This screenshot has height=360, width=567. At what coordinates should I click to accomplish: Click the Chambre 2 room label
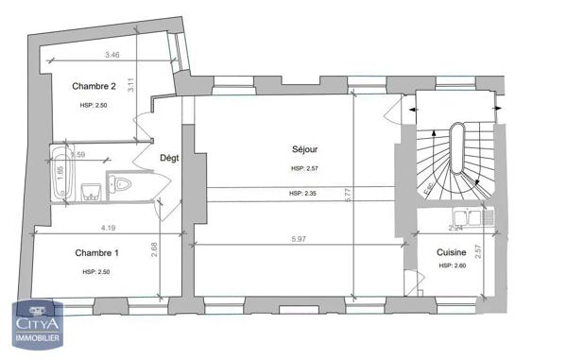(x=94, y=86)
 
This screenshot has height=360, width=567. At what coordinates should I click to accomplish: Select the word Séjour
(x=304, y=149)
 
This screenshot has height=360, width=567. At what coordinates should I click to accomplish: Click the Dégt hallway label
(x=170, y=158)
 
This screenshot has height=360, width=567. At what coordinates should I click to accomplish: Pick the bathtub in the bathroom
(x=62, y=173)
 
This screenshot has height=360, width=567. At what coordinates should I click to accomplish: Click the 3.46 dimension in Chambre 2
(x=112, y=56)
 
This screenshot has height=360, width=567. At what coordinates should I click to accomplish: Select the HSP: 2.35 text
(x=304, y=194)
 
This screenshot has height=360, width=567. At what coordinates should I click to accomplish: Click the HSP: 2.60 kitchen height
(x=453, y=266)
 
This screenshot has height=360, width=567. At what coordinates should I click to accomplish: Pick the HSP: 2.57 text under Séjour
(x=305, y=168)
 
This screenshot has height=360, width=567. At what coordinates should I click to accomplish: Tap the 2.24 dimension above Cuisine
(x=454, y=228)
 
